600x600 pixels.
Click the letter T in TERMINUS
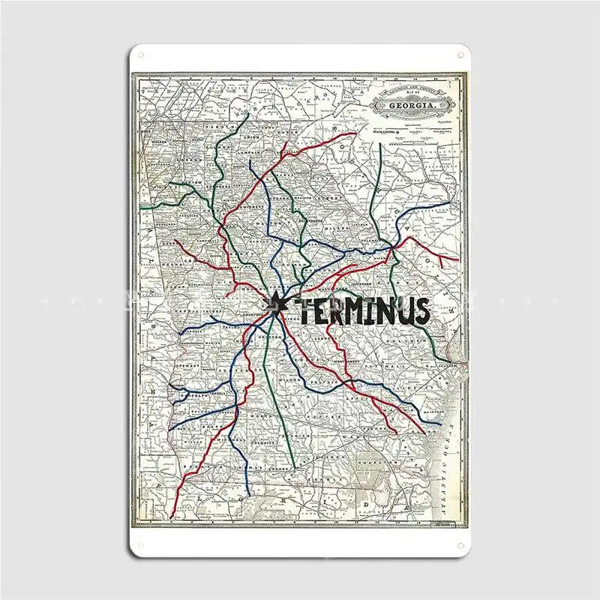(x=299, y=309)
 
